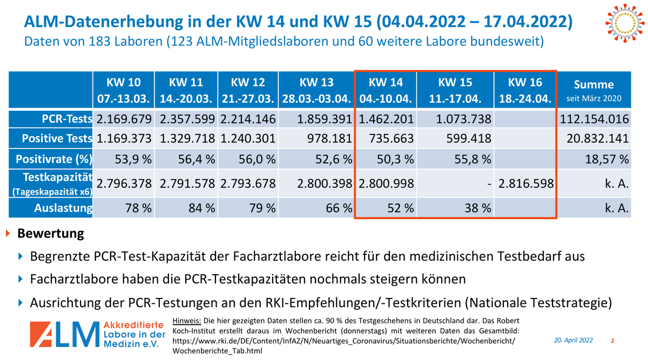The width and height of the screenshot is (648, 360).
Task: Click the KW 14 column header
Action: [x=386, y=90]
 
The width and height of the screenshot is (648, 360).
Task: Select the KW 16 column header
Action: [x=525, y=90]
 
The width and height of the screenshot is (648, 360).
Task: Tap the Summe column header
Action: [x=593, y=90]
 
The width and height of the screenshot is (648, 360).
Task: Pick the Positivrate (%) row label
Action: [x=54, y=159]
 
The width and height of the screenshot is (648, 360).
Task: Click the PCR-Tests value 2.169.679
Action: [x=124, y=119]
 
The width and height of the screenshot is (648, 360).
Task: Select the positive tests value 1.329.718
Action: [x=186, y=139]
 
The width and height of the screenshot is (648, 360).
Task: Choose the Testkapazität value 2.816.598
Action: [x=525, y=184]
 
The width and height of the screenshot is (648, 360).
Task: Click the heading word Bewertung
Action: [x=51, y=234]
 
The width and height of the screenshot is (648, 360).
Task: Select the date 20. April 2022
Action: [x=573, y=340]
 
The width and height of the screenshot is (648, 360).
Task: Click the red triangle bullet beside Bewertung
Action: [x=8, y=234]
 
